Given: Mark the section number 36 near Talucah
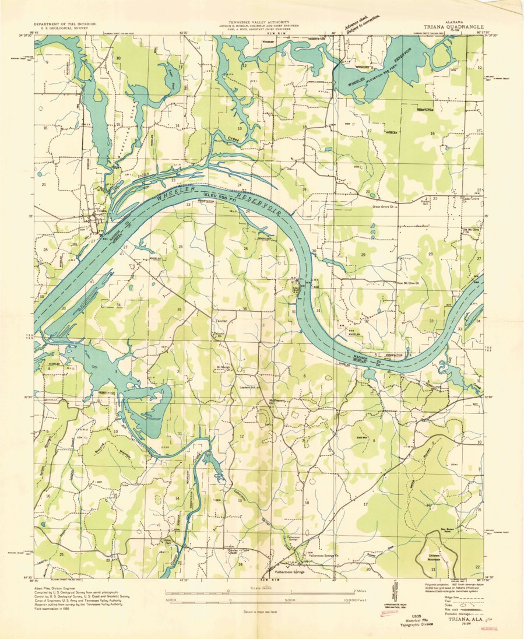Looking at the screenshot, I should click(244, 308).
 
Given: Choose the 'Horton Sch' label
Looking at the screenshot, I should click(426, 202).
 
